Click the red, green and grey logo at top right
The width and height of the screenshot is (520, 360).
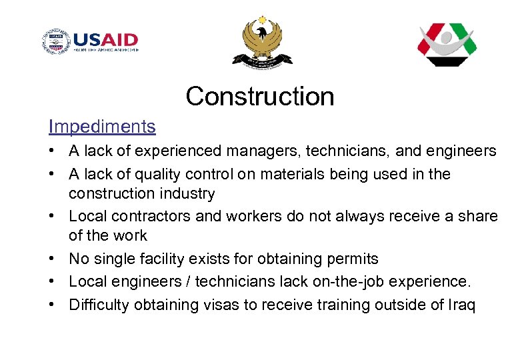446,44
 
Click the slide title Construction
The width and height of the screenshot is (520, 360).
259,96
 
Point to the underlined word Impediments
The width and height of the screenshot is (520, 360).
102,126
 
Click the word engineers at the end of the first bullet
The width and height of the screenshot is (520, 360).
464,151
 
